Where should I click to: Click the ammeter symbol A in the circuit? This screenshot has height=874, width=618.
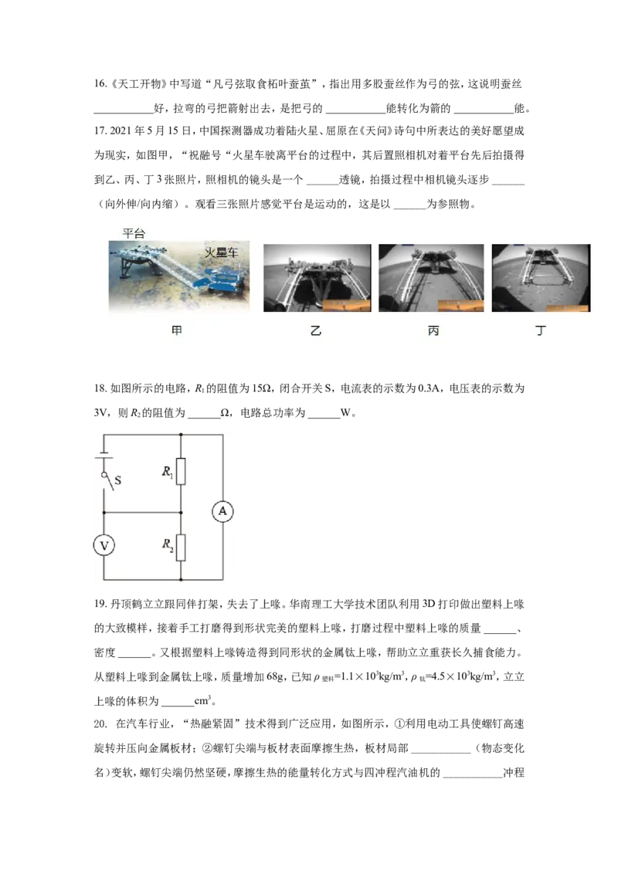(x=222, y=511)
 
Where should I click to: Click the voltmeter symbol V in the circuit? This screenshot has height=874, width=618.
(x=104, y=545)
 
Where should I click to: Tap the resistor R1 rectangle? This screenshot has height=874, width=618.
(x=181, y=472)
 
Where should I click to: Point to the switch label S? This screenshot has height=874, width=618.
(x=117, y=480)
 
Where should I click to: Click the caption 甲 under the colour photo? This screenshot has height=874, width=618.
(x=177, y=330)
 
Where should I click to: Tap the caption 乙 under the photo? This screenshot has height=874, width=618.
(x=316, y=330)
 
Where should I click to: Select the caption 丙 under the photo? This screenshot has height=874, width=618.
(x=433, y=330)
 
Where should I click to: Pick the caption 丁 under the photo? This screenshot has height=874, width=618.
(x=541, y=330)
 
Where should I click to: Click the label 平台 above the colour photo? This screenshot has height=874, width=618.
(x=134, y=233)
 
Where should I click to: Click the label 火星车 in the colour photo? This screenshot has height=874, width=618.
(x=221, y=252)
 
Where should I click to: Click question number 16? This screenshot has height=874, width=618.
(x=100, y=83)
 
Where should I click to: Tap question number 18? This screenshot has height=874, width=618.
(x=100, y=388)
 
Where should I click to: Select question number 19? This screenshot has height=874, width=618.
(x=100, y=604)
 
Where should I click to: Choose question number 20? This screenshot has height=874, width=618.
(x=100, y=723)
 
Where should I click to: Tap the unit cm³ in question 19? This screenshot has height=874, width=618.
(x=202, y=700)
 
